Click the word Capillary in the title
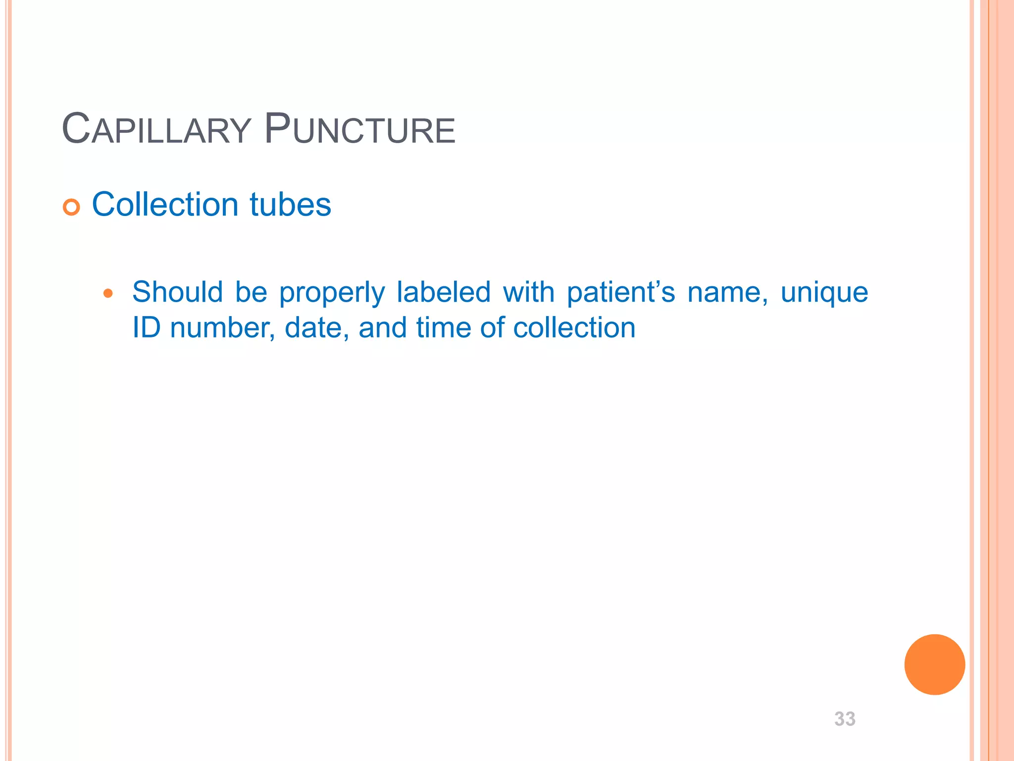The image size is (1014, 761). (156, 129)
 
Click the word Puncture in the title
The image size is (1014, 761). (359, 129)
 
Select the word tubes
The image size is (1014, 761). (290, 204)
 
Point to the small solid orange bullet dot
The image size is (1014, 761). (108, 294)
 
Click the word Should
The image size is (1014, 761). (177, 292)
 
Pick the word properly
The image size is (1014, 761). (332, 293)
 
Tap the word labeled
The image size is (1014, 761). (443, 292)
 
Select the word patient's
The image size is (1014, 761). (620, 292)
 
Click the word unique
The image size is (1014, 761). (824, 293)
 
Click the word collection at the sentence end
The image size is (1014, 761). (574, 328)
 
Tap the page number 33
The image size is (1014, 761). (845, 719)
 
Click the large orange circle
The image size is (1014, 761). (934, 664)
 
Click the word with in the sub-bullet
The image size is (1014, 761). (528, 292)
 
